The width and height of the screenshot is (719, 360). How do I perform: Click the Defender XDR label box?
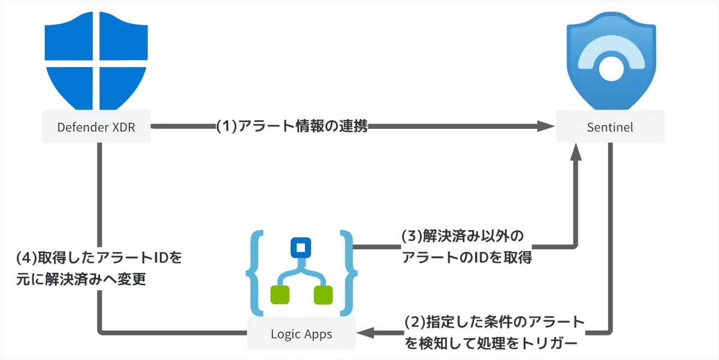(x=95, y=127)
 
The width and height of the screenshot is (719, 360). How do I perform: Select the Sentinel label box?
(x=610, y=127)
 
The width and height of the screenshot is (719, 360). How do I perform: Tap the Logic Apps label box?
(x=301, y=333)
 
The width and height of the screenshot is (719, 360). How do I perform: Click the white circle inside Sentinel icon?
(x=611, y=68)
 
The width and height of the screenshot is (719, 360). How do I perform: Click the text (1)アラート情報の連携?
(x=292, y=126)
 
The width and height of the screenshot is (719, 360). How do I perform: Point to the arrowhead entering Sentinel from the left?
(x=546, y=126)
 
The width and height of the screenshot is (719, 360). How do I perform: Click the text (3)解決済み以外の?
(x=458, y=235)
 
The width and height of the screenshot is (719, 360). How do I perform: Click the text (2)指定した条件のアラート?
(x=494, y=322)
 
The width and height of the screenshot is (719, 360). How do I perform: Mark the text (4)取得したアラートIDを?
(x=99, y=258)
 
